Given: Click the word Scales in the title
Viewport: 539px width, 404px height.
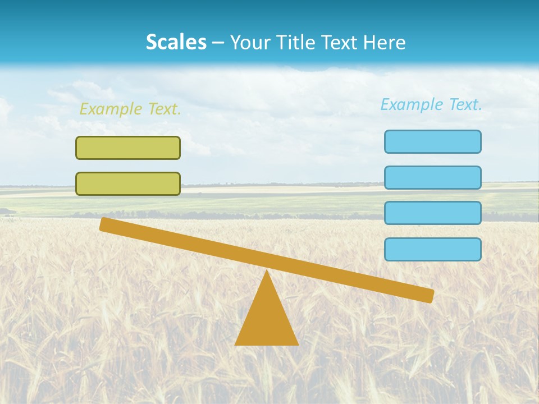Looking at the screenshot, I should pos(176,43).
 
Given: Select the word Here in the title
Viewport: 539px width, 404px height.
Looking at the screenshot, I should pos(385,43).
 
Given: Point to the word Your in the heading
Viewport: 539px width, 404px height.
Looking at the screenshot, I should pos(250,43).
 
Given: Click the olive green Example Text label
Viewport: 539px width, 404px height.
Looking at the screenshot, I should pos(130,109).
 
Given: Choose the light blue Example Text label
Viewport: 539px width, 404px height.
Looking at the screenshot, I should pos(431,105).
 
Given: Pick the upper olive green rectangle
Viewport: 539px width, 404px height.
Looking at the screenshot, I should pos(128,148).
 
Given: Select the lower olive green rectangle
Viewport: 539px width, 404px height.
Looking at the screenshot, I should pos(128,183).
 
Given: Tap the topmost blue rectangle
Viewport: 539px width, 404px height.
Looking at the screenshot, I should pos(433,141).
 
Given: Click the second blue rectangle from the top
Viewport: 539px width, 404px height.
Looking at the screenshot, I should pos(433,177).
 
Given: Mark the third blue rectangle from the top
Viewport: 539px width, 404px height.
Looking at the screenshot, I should pos(433,213).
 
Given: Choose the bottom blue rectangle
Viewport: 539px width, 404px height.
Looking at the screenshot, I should pos(433,249).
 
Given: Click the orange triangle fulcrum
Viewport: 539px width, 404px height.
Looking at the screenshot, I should pos(267,320).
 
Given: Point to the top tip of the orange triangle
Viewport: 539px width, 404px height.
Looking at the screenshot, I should pos(267,272).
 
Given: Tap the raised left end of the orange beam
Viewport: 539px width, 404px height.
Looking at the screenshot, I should pos(105,224).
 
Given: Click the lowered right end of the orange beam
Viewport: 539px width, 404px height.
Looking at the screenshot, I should pos(428,295).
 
